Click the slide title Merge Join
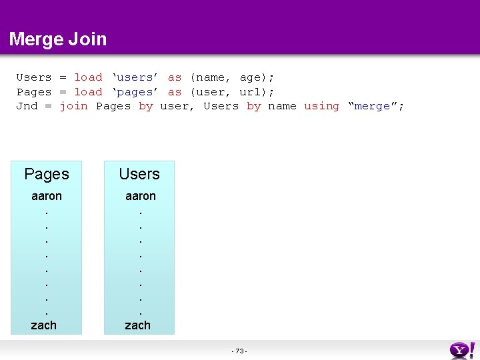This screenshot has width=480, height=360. point(58,39)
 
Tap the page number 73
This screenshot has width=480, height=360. point(240,351)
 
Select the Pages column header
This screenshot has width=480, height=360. point(47,175)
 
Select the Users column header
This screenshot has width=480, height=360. point(139,175)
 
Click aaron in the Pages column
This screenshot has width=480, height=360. point(47,196)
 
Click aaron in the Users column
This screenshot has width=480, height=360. point(141,196)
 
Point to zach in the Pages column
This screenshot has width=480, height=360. point(44,325)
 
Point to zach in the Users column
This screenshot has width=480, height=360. point(138,325)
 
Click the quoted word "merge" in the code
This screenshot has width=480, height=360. point(375,106)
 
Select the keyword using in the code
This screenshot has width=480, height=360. point(321,106)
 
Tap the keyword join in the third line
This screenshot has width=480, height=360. point(73,106)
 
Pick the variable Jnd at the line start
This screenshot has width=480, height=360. point(27,106)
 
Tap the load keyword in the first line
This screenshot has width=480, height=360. point(88,77)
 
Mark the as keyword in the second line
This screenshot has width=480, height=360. point(174,92)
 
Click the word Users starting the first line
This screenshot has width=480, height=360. point(33,77)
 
